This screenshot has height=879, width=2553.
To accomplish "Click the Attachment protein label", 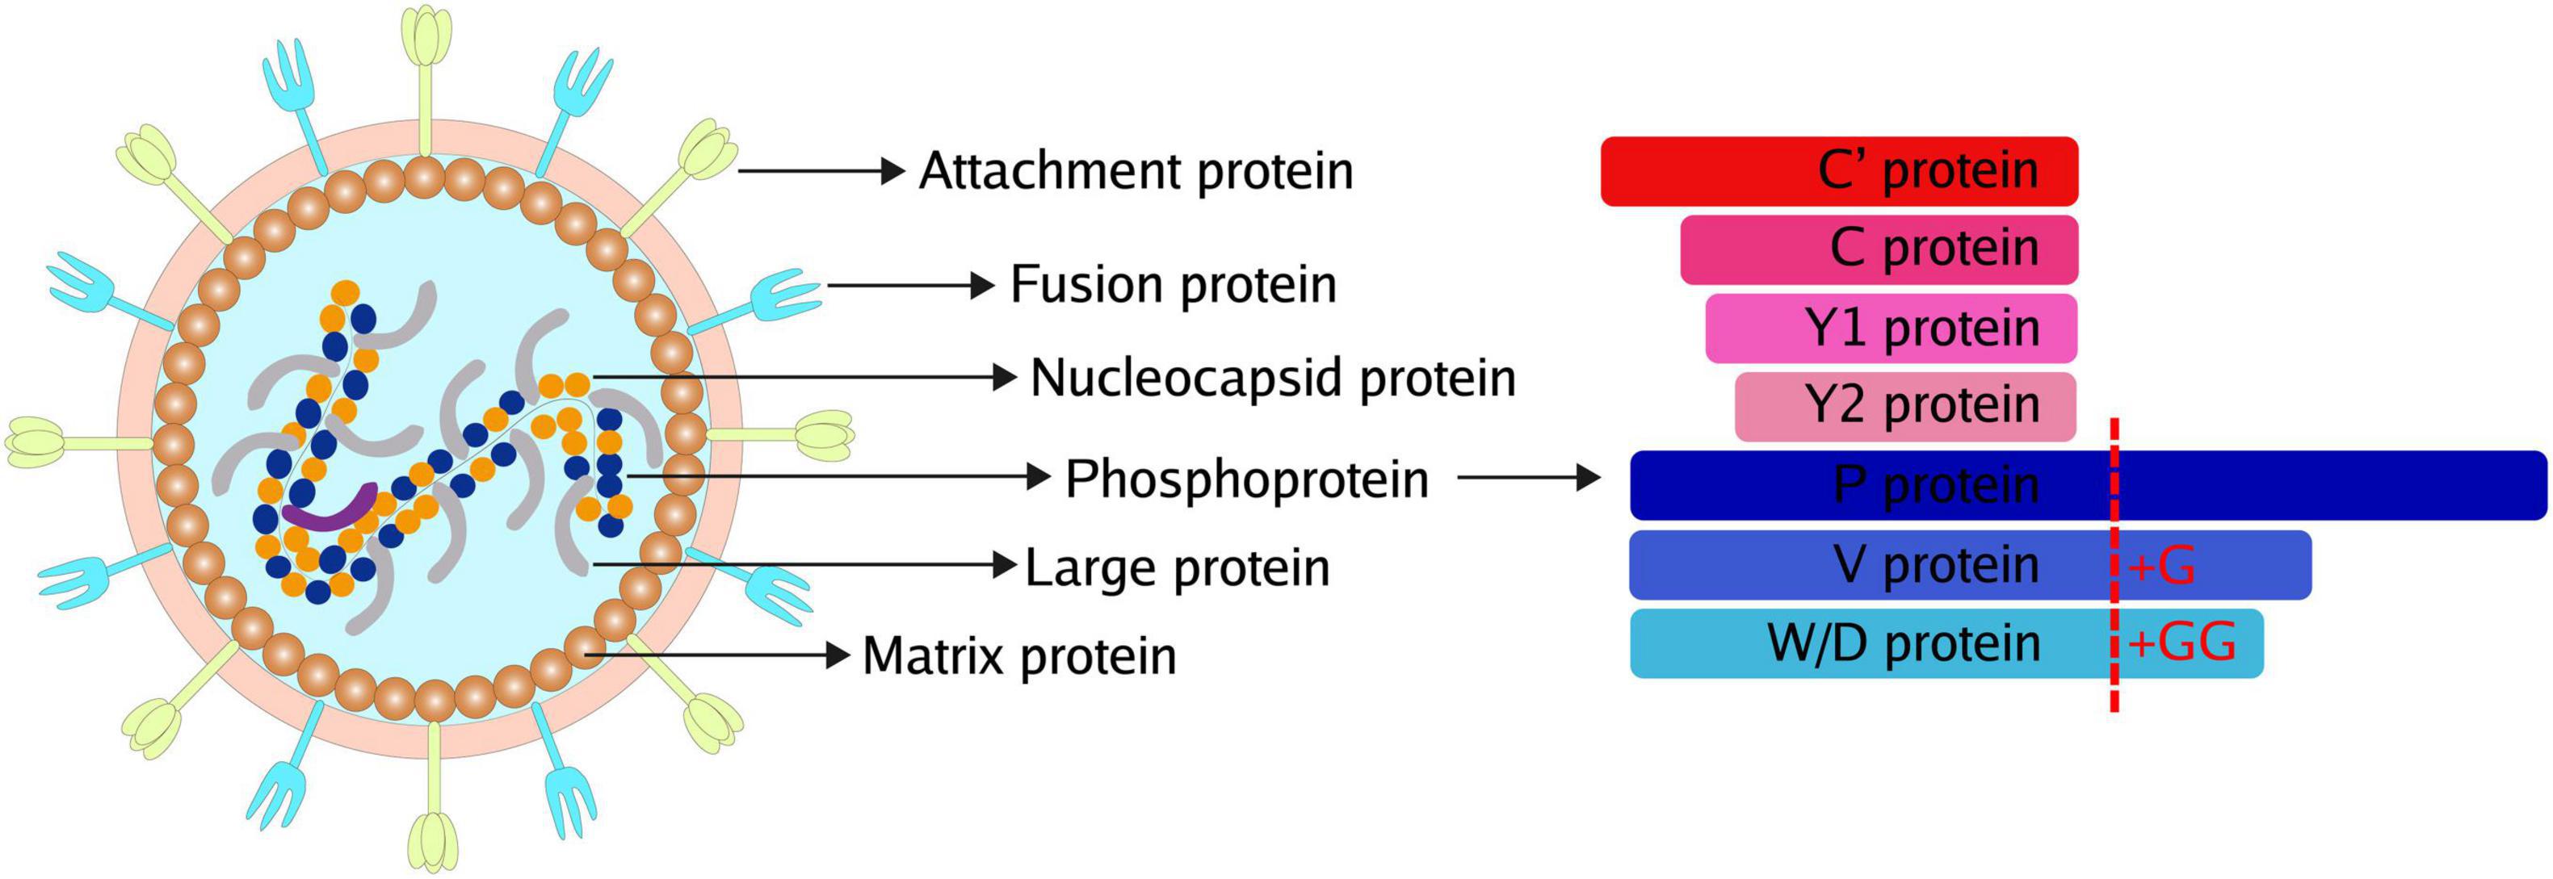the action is [1136, 171].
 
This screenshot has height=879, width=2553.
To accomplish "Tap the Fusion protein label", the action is [1174, 286].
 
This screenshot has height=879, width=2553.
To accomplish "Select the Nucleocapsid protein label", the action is [1274, 379].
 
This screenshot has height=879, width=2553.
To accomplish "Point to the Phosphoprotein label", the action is [1247, 479].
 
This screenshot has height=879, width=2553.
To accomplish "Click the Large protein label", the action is [1178, 567].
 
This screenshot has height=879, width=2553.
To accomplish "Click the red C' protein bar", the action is [1839, 171].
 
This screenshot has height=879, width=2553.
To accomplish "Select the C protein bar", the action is [1879, 249].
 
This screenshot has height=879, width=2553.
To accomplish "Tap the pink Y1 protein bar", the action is [1891, 328].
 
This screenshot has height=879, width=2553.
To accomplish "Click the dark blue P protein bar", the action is [2088, 484].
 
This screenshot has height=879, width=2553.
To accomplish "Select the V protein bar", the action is [1970, 565].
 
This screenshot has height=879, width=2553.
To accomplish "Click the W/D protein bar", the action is [1946, 643].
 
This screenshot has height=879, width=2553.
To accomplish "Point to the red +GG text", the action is [2181, 644].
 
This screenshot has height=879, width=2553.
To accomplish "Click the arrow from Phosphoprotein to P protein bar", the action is [1529, 479].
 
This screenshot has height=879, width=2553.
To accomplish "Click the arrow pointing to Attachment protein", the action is [821, 171].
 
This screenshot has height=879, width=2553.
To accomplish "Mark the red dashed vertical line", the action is [2114, 580].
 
